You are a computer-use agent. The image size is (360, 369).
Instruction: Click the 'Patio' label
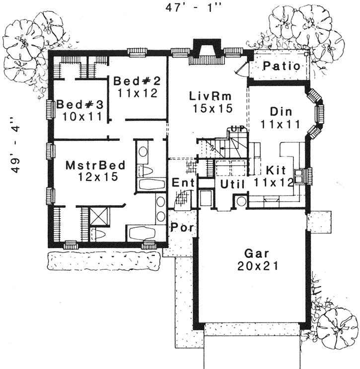(x=281, y=66)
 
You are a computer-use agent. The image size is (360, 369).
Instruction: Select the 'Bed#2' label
(x=135, y=80)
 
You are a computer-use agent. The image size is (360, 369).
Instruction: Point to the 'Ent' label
(x=182, y=183)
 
